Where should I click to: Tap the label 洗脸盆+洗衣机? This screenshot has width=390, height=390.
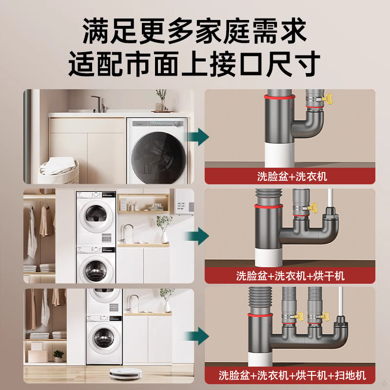click(x=292, y=176)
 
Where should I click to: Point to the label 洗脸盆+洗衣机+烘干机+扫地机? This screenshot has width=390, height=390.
click(x=292, y=375)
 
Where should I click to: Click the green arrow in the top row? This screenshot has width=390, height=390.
click(x=200, y=136)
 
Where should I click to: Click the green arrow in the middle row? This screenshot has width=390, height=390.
click(x=200, y=235)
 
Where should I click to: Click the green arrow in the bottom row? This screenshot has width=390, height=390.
click(x=200, y=335)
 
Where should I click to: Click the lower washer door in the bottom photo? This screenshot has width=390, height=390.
click(x=103, y=337)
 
